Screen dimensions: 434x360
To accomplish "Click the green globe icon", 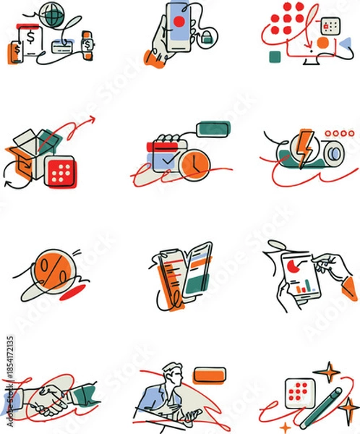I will pyautogui.click(x=51, y=14).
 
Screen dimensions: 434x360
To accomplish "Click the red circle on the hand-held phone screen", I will pyautogui.click(x=177, y=22).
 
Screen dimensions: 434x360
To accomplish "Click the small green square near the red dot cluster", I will pyautogui.click(x=274, y=56).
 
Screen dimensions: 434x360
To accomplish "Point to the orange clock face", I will pyautogui.click(x=194, y=163).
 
